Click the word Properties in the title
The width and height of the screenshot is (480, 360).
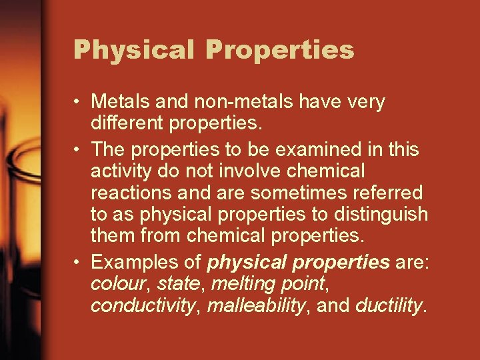click(x=279, y=49)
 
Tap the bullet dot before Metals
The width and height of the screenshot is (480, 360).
click(x=79, y=102)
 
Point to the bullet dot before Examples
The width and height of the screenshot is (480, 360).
click(x=79, y=262)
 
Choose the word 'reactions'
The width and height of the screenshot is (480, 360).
click(x=135, y=193)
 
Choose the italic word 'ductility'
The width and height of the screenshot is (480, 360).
click(x=389, y=305)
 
